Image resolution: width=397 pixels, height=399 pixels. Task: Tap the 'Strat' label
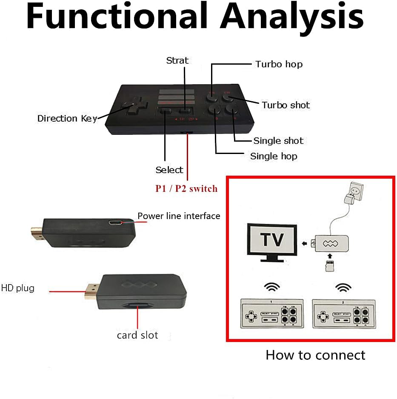(x=177, y=60)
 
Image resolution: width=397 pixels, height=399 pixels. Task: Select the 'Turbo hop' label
(x=279, y=64)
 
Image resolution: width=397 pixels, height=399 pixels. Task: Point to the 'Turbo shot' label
(x=286, y=105)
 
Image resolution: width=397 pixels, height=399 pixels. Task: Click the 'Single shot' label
(x=278, y=141)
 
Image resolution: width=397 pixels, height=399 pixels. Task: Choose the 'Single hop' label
(x=274, y=156)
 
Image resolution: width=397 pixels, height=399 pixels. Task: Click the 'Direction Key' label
(x=67, y=118)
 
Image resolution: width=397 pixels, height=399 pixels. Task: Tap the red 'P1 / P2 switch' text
(x=186, y=188)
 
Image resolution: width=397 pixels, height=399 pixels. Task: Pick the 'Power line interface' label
(x=179, y=216)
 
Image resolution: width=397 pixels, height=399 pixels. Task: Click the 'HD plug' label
(x=17, y=288)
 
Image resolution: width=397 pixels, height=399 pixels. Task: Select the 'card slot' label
(x=137, y=335)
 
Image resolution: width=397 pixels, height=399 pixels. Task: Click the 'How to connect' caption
(x=315, y=355)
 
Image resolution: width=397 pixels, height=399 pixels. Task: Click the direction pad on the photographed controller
(x=132, y=105)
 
